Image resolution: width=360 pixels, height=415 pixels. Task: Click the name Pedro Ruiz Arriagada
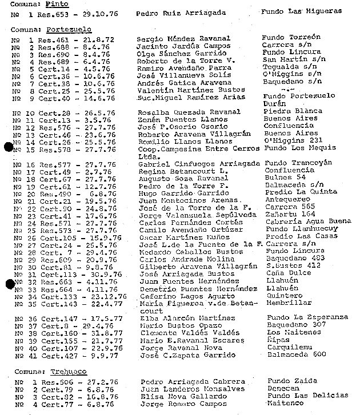(x=182, y=11)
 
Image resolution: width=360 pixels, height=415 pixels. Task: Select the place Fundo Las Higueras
(x=301, y=11)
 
